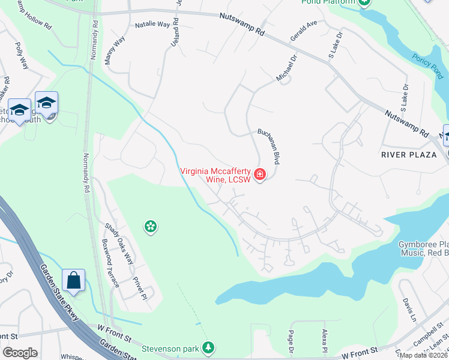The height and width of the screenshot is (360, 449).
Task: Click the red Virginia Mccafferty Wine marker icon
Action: pyautogui.click(x=260, y=175)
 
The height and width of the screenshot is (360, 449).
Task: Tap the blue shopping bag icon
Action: pyautogui.click(x=73, y=280)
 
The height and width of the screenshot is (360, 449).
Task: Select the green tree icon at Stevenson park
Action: pyautogui.click(x=208, y=347)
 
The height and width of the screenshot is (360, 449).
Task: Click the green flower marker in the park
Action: pyautogui.click(x=150, y=226)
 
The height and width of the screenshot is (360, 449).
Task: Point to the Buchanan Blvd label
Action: pyautogui.click(x=268, y=146)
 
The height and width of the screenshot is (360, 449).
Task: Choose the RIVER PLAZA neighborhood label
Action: pyautogui.click(x=408, y=154)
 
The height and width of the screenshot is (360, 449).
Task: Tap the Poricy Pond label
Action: pyautogui.click(x=427, y=65)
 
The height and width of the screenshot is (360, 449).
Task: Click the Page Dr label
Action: pyautogui.click(x=291, y=343)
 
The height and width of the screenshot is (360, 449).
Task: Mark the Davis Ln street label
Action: pyautogui.click(x=409, y=308)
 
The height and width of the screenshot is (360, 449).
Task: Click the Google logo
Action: pyautogui.click(x=20, y=353)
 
